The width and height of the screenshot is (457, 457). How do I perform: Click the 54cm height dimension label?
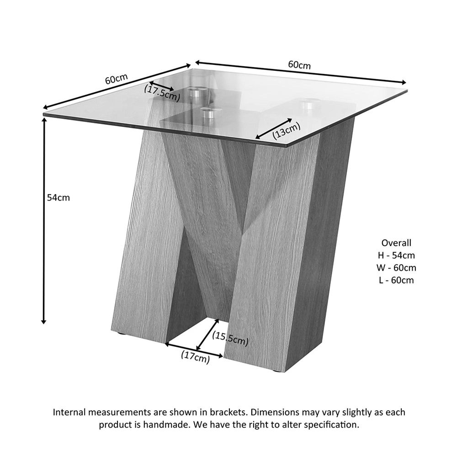(58, 197)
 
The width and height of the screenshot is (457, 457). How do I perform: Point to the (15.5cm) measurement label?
(230, 339)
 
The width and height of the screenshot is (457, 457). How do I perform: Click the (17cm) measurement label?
(196, 357)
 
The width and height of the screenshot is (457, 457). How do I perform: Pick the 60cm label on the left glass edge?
(116, 79)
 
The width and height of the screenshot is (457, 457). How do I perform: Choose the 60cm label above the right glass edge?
(300, 65)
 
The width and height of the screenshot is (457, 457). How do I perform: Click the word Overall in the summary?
(396, 243)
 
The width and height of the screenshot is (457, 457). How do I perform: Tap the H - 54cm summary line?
(396, 255)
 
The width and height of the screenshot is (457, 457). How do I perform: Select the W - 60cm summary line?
(396, 267)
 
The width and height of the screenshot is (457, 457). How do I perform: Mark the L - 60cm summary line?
(396, 280)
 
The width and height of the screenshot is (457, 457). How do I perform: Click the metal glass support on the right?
(308, 106)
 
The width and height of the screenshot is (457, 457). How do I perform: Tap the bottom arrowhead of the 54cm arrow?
(44, 321)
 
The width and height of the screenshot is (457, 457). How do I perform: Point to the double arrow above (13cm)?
(274, 128)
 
